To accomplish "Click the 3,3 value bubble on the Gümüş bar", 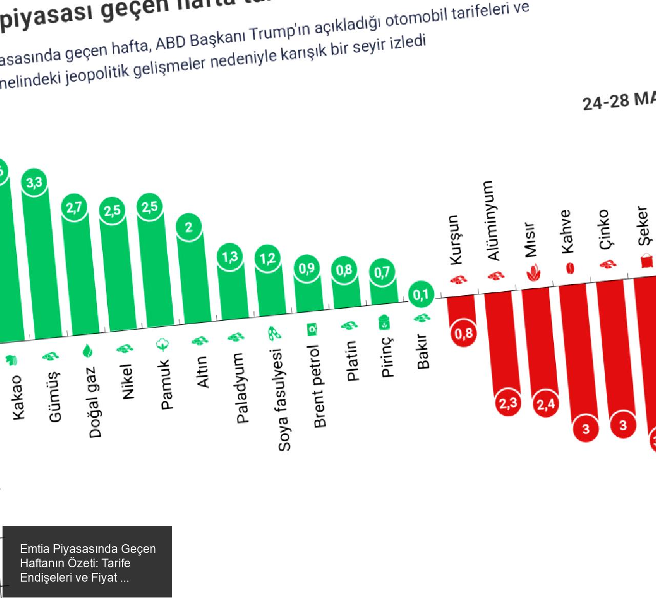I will click(x=34, y=182).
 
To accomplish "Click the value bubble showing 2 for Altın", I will click(x=189, y=227).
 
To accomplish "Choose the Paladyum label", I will click(x=242, y=388).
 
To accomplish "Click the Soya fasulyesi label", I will click(x=284, y=400).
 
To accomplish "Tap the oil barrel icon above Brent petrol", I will click(x=312, y=329).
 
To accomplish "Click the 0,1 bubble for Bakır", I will click(x=421, y=295).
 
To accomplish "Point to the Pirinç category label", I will click(x=388, y=357).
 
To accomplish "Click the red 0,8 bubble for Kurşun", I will click(x=463, y=334).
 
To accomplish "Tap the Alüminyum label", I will click(x=493, y=220).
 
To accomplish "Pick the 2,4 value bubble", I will click(x=545, y=404).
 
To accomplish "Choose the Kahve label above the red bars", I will click(x=566, y=231).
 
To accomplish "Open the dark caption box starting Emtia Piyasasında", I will click(x=87, y=563).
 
